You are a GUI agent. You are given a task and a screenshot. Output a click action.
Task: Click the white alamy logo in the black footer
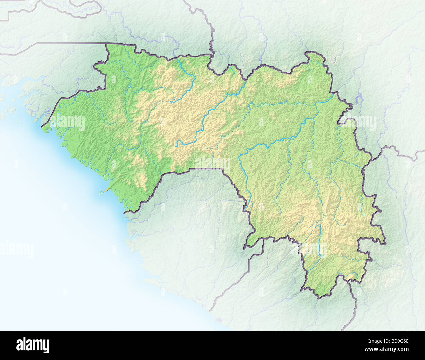click(x=33, y=345)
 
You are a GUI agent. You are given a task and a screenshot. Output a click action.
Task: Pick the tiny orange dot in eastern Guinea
click(x=309, y=151)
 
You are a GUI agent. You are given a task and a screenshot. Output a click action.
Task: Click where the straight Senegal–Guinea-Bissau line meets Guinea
click(x=107, y=44)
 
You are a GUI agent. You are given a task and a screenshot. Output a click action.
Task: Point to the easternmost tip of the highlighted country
click(x=386, y=242)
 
